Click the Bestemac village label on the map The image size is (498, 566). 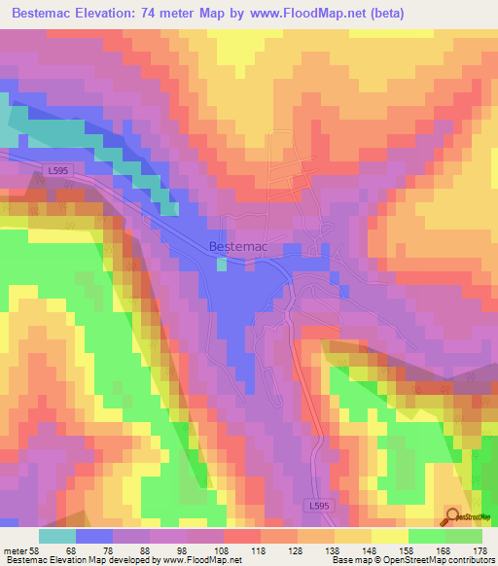click(238, 247)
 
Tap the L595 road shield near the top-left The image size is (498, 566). click(56, 169)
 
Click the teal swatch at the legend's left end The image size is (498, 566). click(57, 536)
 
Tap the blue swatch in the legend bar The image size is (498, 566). click(94, 536)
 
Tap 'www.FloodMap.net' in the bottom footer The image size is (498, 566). click(203, 561)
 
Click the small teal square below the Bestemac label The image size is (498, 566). click(222, 263)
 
